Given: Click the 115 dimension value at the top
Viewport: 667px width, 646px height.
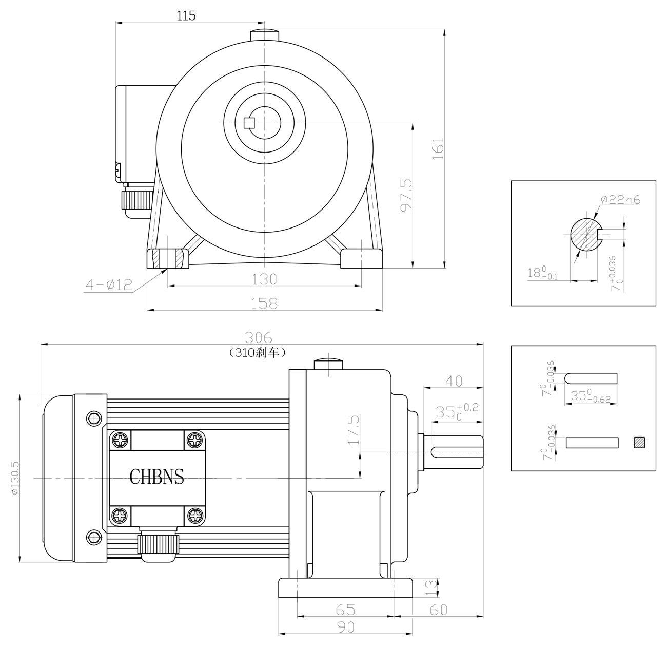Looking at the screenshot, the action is point(186,15).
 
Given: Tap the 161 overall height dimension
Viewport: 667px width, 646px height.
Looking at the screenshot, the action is point(438,148).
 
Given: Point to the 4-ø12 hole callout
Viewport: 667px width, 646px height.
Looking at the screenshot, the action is point(109,284).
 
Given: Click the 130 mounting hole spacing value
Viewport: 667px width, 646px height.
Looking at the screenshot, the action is point(264,279).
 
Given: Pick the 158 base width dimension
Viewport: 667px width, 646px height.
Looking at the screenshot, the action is point(264,303).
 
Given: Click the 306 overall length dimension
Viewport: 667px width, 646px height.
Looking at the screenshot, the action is point(259,337).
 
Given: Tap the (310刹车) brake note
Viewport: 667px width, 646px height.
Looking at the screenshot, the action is point(257,352).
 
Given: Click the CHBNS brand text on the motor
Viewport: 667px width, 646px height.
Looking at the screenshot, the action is point(156,477).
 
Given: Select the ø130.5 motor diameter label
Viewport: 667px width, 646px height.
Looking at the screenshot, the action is point(15,478).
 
